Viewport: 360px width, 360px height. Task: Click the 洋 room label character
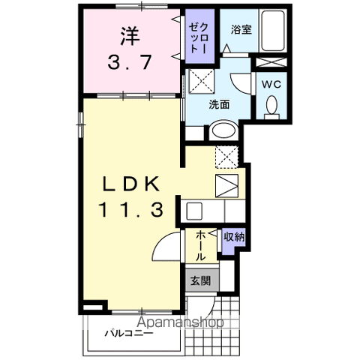coord(130,36)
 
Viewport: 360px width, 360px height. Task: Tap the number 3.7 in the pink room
coord(130,62)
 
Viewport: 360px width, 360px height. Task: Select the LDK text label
coord(131,184)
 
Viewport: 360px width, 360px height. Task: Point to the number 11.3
coord(131,210)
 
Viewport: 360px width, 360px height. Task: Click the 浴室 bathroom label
coord(241,30)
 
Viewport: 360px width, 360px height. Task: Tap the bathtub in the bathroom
coord(273,31)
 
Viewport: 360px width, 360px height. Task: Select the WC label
coord(271,85)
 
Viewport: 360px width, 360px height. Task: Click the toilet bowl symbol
coord(271,107)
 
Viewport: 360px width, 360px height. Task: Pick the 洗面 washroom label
coord(219,104)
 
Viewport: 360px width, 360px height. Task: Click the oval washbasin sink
coord(224,130)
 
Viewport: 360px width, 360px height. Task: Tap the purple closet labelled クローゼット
coord(200,36)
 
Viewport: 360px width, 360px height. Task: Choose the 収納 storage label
coord(234,237)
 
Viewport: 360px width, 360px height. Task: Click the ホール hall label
coord(201,246)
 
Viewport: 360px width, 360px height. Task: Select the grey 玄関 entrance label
coord(202,280)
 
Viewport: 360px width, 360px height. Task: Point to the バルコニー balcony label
coord(129,333)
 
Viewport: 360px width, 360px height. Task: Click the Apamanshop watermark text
coord(180,322)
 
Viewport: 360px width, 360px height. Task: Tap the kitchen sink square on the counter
coord(194,211)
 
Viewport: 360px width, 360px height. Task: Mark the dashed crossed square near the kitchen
coord(226,157)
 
